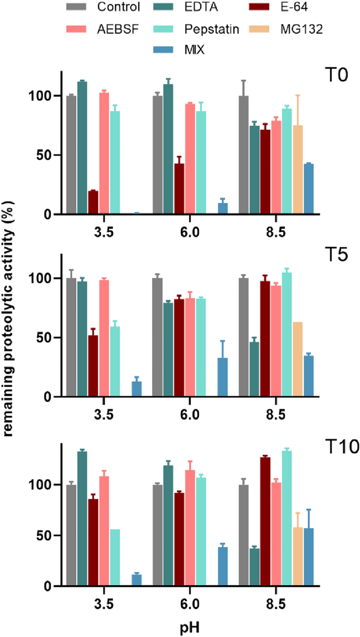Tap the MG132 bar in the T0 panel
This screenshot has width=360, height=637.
[x=298, y=170]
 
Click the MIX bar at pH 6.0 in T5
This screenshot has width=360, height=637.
[x=223, y=377]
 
